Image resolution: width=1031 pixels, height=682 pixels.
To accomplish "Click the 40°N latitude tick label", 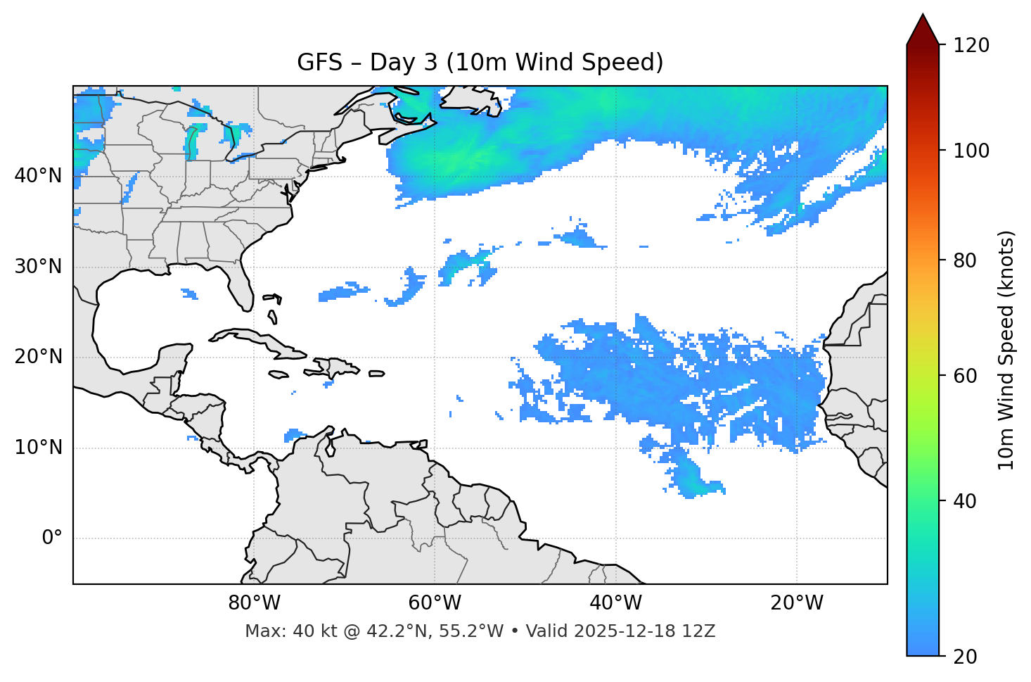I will [x=38, y=176].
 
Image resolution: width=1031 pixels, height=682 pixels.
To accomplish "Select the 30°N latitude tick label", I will [x=38, y=267].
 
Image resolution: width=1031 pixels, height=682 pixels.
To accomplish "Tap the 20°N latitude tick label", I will [x=38, y=357].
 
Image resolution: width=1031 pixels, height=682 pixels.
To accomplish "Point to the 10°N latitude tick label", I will [x=38, y=448].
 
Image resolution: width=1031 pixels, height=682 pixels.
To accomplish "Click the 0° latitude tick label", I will [x=52, y=538].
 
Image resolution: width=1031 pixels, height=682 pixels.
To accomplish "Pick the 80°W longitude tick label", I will [x=254, y=603].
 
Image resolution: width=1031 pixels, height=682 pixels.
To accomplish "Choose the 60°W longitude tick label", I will [x=435, y=603].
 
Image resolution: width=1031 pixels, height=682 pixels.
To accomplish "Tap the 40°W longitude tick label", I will [x=615, y=603].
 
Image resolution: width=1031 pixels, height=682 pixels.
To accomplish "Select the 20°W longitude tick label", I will [x=796, y=603].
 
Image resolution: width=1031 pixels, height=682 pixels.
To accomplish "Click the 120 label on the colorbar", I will [x=971, y=46].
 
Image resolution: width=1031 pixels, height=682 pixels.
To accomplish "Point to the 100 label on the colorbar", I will [x=971, y=151].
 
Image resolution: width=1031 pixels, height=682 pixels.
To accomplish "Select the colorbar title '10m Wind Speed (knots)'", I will [x=1006, y=351].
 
